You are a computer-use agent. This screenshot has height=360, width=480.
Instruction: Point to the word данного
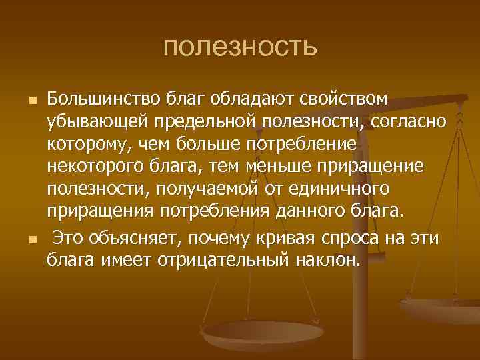(x=315, y=213)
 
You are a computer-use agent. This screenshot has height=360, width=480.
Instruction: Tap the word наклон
(x=327, y=259)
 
